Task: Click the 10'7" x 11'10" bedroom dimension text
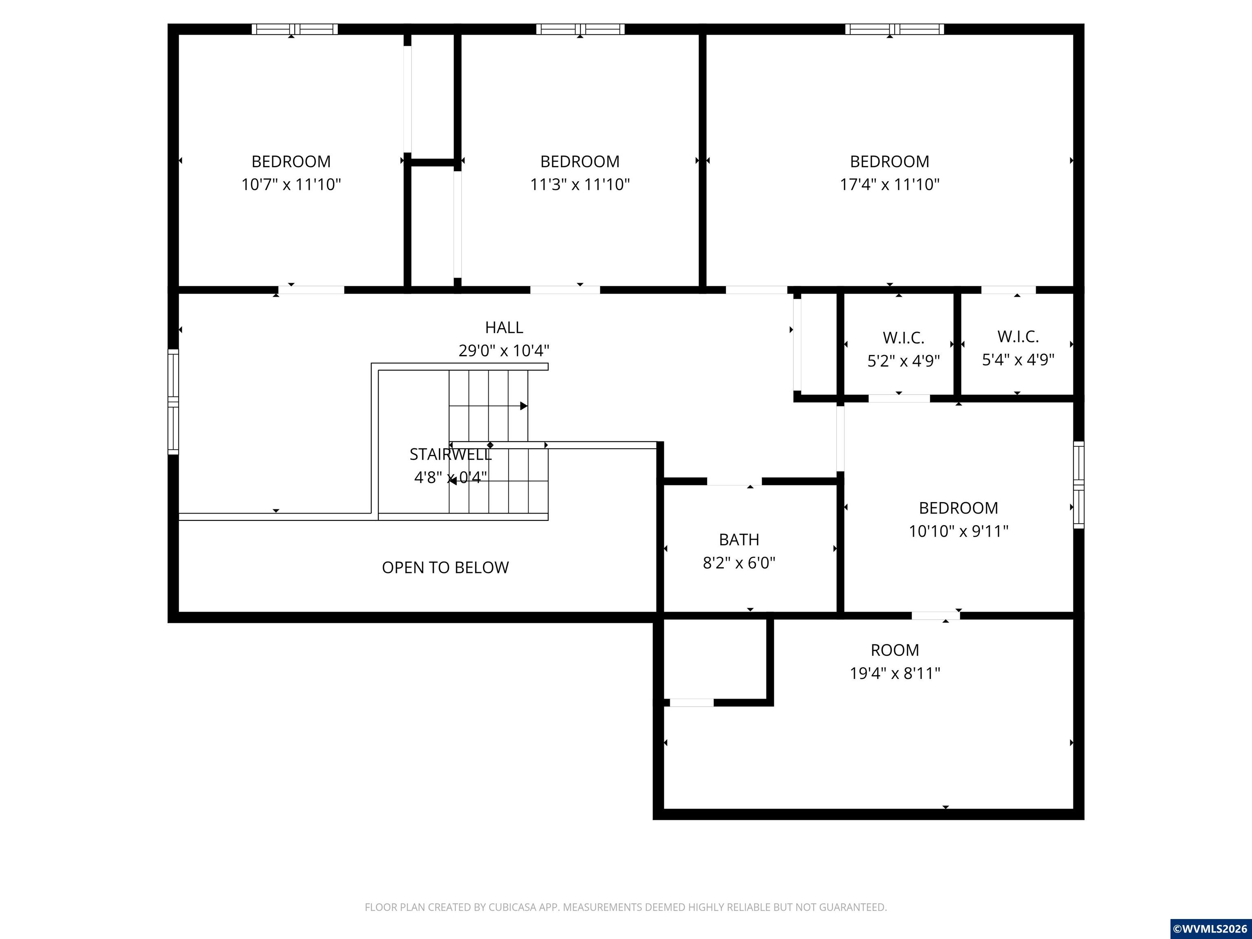click(x=291, y=185)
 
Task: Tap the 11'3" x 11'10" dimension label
click(x=580, y=185)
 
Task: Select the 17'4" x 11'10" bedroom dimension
click(x=889, y=185)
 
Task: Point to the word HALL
click(x=504, y=327)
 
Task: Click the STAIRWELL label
click(x=450, y=454)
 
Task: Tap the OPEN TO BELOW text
click(x=445, y=567)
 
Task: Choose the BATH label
click(x=738, y=540)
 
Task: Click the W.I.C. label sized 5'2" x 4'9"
click(x=904, y=338)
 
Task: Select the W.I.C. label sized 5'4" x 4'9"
click(x=1018, y=337)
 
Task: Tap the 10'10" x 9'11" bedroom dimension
click(x=958, y=531)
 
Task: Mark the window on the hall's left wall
click(x=173, y=402)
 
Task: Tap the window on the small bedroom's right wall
click(x=1079, y=485)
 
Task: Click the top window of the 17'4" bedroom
click(x=894, y=29)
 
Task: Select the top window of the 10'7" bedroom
click(x=294, y=29)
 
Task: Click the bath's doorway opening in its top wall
click(x=734, y=482)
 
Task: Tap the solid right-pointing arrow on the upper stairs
click(x=524, y=406)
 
